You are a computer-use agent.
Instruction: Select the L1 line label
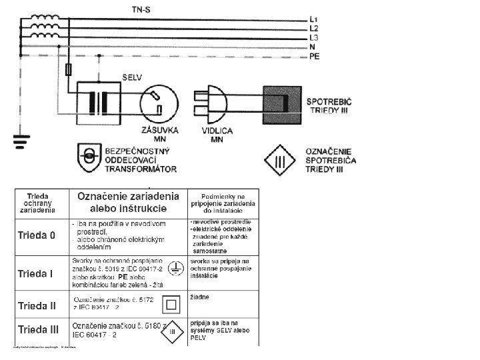tap(314, 19)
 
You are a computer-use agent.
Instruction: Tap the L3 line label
tap(314, 38)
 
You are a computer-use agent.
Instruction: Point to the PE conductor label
tap(315, 57)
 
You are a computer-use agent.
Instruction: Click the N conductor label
tap(312, 47)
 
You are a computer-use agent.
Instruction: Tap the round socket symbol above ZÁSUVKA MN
tap(158, 102)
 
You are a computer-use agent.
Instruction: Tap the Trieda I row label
tap(35, 274)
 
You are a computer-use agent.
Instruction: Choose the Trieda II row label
tap(36, 306)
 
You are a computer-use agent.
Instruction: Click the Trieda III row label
tap(37, 329)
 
